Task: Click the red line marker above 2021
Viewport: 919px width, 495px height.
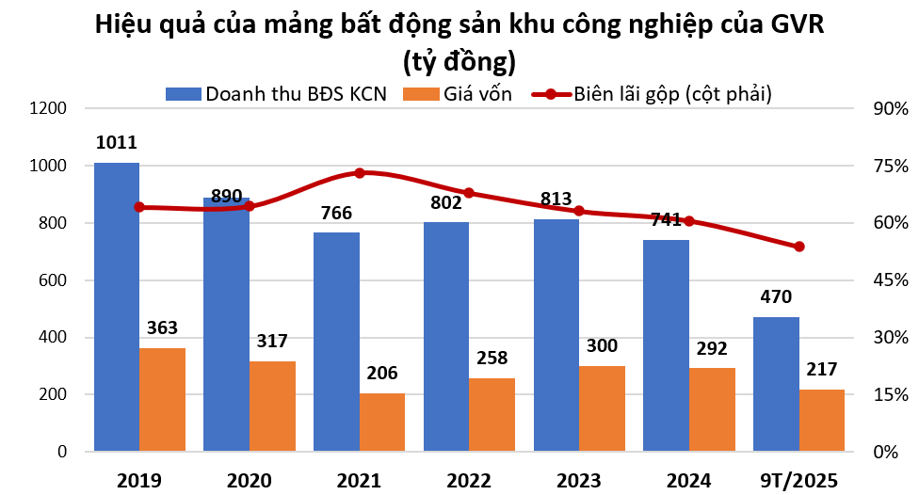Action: point(359,173)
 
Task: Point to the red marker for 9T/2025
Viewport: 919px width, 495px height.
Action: point(798,247)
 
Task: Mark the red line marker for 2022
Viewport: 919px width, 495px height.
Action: point(469,193)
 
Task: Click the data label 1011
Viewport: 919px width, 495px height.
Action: point(117,144)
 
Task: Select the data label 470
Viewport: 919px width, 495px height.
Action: point(776,297)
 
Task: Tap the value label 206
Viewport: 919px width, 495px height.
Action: point(382,373)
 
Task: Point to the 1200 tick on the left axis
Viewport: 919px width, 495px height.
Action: point(48,109)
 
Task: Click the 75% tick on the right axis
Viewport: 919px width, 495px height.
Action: point(889,167)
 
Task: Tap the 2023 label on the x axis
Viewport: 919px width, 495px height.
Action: point(579,480)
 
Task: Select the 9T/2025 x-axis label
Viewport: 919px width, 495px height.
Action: point(798,480)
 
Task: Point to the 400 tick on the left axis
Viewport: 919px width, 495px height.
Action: point(52,338)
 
